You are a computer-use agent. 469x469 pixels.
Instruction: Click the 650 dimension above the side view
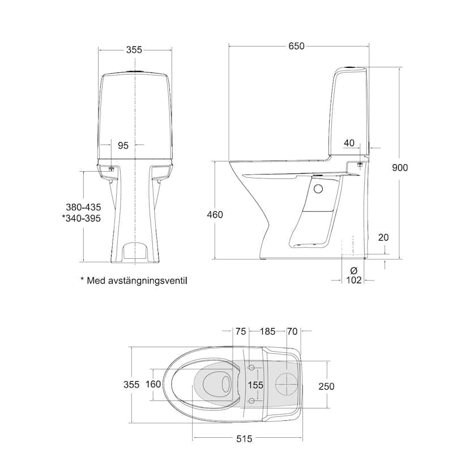click(x=297, y=46)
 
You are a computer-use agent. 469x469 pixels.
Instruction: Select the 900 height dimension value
click(x=400, y=167)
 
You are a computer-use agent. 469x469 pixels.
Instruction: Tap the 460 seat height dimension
click(x=215, y=215)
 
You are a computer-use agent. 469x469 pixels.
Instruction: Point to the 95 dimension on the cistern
click(x=123, y=146)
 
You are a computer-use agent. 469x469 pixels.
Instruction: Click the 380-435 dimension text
click(x=83, y=207)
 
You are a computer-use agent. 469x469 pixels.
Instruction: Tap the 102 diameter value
click(x=353, y=280)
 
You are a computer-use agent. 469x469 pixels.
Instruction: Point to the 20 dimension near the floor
click(x=383, y=237)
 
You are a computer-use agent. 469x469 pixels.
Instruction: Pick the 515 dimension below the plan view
click(x=244, y=438)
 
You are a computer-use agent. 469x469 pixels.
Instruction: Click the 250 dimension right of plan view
click(x=326, y=386)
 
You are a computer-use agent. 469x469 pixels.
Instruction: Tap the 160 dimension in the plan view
click(x=153, y=384)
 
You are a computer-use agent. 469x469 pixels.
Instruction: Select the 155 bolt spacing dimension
click(x=255, y=385)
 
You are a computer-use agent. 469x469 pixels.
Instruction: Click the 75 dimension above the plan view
click(x=241, y=331)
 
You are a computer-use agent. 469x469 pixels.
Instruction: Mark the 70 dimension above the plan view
click(x=292, y=331)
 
